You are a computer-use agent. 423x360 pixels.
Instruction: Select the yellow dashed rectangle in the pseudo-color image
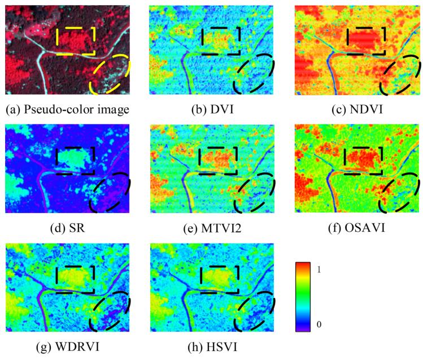76,41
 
